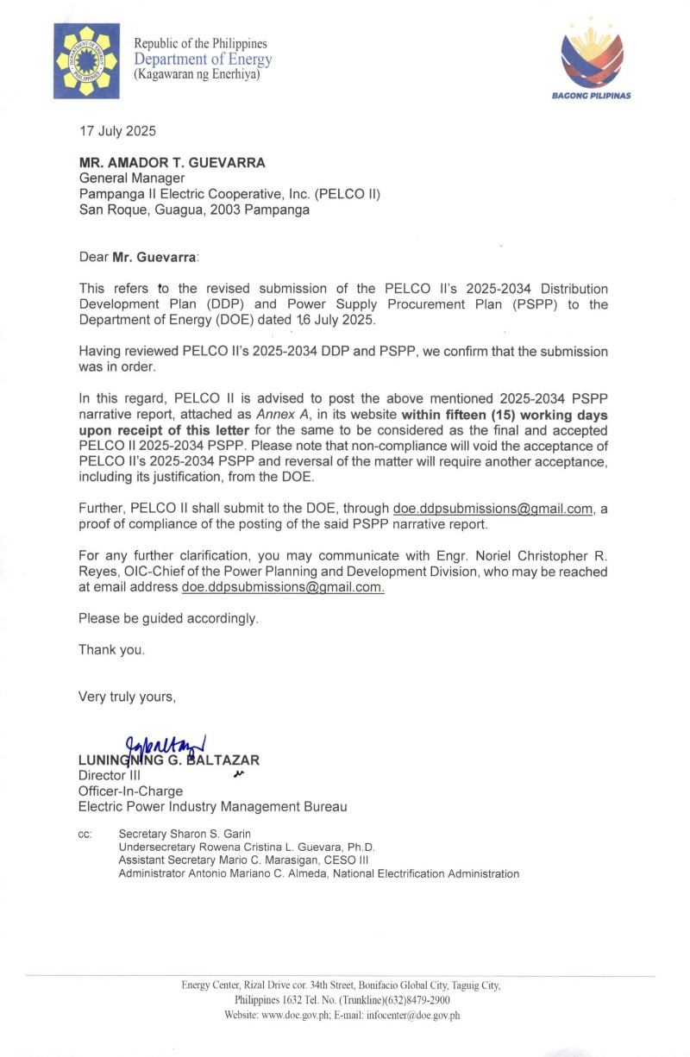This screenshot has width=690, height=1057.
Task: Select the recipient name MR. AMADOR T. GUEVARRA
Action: point(172,164)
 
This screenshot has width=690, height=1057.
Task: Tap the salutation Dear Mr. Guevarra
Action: point(138,257)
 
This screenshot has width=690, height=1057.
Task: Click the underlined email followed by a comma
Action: point(492,509)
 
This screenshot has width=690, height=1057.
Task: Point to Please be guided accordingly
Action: point(168,618)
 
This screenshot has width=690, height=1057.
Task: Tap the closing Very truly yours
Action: point(127,696)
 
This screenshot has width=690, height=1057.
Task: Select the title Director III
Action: point(103,775)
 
